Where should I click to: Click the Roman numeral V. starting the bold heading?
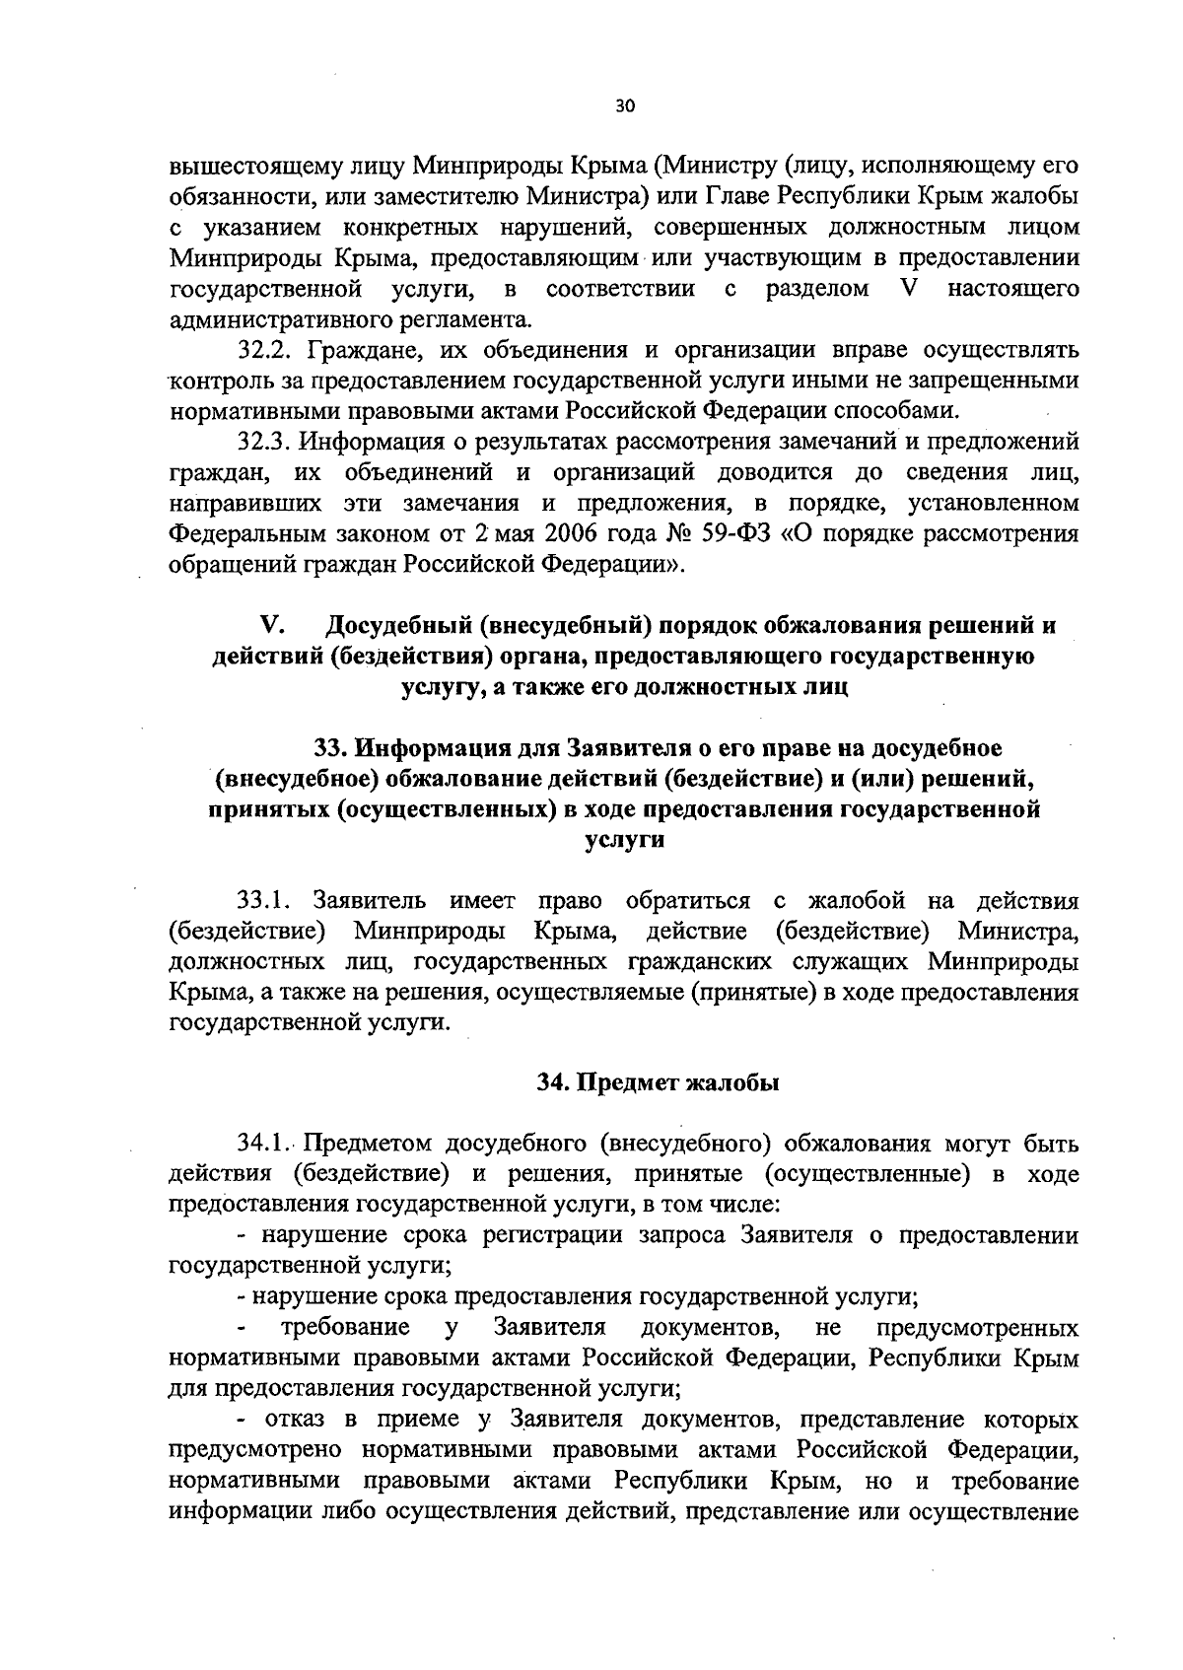(272, 626)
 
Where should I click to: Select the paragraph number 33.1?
(261, 900)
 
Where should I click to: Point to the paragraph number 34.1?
(261, 1144)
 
